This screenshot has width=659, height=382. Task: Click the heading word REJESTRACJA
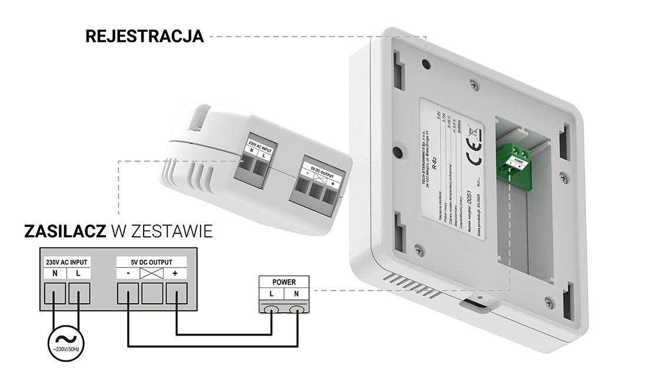pyautogui.click(x=145, y=36)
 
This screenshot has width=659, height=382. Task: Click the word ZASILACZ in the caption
pyautogui.click(x=65, y=232)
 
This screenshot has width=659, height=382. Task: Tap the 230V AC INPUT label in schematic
pyautogui.click(x=66, y=262)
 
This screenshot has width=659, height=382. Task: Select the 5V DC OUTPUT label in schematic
pyautogui.click(x=152, y=262)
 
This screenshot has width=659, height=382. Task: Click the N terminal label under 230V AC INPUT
pyautogui.click(x=55, y=274)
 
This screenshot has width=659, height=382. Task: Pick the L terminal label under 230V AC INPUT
pyautogui.click(x=78, y=274)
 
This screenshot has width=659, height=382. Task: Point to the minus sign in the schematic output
pyautogui.click(x=128, y=274)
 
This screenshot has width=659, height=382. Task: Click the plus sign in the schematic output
pyautogui.click(x=175, y=274)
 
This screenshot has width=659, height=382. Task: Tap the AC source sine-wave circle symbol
pyautogui.click(x=66, y=340)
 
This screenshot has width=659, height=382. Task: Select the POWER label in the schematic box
pyautogui.click(x=284, y=282)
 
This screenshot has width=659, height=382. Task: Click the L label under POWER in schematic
pyautogui.click(x=272, y=293)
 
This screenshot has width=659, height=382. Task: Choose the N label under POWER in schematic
pyautogui.click(x=297, y=293)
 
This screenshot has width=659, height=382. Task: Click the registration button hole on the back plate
pyautogui.click(x=425, y=59)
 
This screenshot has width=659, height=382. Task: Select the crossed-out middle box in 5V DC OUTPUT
pyautogui.click(x=152, y=274)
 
